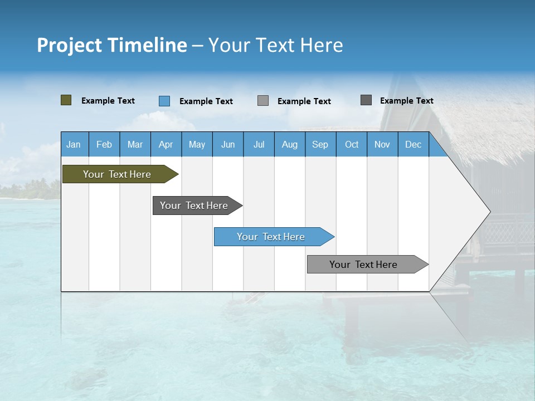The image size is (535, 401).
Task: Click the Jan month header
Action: [x=74, y=144]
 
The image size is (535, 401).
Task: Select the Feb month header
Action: [x=104, y=144]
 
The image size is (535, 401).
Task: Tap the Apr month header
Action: [x=166, y=144]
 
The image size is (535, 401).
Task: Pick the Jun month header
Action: [x=228, y=144]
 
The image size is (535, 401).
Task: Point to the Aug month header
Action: [x=290, y=144]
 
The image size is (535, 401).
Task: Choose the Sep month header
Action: [x=320, y=144]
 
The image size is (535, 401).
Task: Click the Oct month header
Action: [x=352, y=144]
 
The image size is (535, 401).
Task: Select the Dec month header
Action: [x=414, y=144]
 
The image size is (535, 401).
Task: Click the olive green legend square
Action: [x=66, y=100]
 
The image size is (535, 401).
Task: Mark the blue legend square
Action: [x=164, y=101]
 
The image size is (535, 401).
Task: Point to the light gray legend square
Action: [x=263, y=101]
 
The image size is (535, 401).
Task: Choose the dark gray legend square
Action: [x=366, y=100]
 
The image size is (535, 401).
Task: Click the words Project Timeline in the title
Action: [x=112, y=45]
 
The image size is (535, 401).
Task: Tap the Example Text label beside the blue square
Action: [x=206, y=101]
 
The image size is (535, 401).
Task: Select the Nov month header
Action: [x=382, y=144]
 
